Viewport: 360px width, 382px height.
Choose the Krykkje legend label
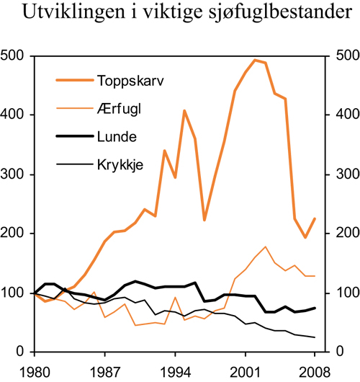(119, 164)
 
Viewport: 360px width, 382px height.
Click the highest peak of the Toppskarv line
(255, 60)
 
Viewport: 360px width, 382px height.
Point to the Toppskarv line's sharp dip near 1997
(204, 220)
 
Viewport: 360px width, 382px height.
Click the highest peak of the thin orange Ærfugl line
(266, 246)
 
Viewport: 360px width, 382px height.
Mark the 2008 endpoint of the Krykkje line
(315, 337)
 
